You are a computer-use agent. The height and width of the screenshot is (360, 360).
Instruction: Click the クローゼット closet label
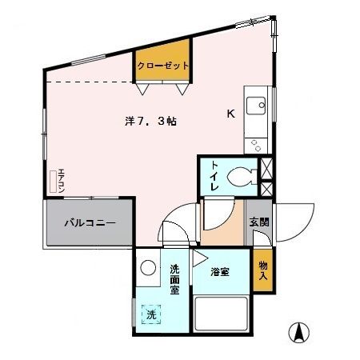pyautogui.click(x=162, y=66)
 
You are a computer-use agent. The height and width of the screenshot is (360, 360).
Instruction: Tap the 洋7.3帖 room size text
pyautogui.click(x=150, y=121)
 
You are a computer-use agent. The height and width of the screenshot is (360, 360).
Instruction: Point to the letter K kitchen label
pyautogui.click(x=230, y=114)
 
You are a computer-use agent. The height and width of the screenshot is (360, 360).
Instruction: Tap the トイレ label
pyautogui.click(x=214, y=176)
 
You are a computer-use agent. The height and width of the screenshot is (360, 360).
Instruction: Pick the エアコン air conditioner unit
pyautogui.click(x=58, y=182)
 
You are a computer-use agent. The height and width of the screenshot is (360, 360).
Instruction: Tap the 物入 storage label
pyautogui.click(x=262, y=270)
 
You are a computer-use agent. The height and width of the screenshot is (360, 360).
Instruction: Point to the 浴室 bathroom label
pyautogui.click(x=220, y=272)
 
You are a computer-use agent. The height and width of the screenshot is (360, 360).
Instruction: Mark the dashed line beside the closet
pyautogui.click(x=86, y=82)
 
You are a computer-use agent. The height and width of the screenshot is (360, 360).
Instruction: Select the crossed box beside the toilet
pyautogui.click(x=267, y=178)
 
